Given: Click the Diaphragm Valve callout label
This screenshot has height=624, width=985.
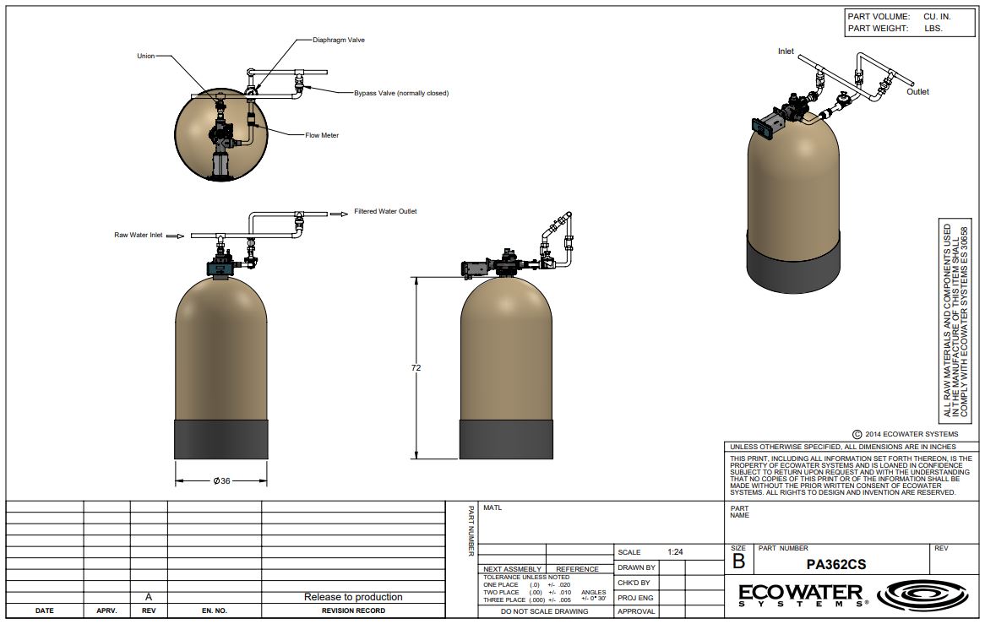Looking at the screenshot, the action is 339,40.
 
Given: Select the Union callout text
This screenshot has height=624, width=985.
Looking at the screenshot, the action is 146,56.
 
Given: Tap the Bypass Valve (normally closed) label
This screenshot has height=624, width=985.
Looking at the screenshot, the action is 401,93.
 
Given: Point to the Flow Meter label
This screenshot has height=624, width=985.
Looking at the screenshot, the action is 322,135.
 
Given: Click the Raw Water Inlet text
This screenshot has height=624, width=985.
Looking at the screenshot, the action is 139,235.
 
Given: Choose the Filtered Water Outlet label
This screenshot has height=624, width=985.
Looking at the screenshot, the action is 385,211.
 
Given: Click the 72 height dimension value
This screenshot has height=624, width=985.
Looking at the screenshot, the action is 416,368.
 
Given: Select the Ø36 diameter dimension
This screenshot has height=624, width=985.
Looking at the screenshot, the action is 221,480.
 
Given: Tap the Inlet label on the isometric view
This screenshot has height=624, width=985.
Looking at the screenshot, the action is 786,52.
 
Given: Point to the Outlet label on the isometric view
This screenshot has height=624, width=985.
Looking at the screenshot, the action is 917,92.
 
